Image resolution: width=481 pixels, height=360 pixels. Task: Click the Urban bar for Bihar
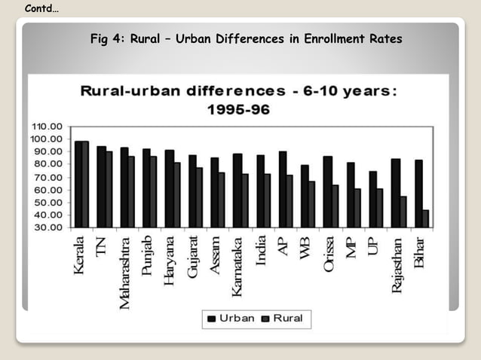pyautogui.click(x=418, y=194)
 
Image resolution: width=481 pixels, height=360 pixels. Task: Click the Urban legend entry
pyautogui.click(x=230, y=319)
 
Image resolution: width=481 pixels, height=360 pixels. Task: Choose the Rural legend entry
pyautogui.click(x=281, y=319)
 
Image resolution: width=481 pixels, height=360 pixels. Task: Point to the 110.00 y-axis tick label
pyautogui.click(x=47, y=126)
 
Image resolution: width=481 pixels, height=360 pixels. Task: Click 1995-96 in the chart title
pyautogui.click(x=238, y=109)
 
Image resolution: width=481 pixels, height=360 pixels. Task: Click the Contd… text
pyautogui.click(x=42, y=8)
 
